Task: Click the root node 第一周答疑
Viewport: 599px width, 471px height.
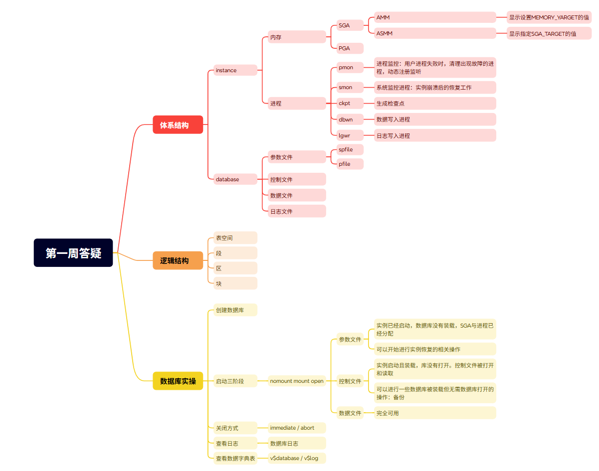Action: pos(73,253)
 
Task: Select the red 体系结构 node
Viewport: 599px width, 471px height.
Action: pos(178,125)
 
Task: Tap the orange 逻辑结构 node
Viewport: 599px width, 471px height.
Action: pos(178,260)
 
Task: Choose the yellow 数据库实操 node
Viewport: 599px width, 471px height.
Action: pos(178,381)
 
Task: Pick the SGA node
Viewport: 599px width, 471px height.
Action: pos(350,25)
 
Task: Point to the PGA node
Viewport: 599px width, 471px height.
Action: pos(350,48)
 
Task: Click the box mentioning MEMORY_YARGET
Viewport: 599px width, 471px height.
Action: pos(549,17)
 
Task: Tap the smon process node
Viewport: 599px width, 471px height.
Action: pos(350,87)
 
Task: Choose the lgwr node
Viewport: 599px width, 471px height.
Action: pos(350,135)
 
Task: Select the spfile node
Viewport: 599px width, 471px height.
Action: pos(350,149)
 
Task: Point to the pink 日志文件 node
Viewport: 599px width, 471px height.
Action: pos(297,211)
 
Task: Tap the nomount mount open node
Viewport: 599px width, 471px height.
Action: pos(297,381)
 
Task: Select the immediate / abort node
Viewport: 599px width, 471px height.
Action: pos(297,428)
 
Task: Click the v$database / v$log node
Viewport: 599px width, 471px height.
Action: pos(297,458)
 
